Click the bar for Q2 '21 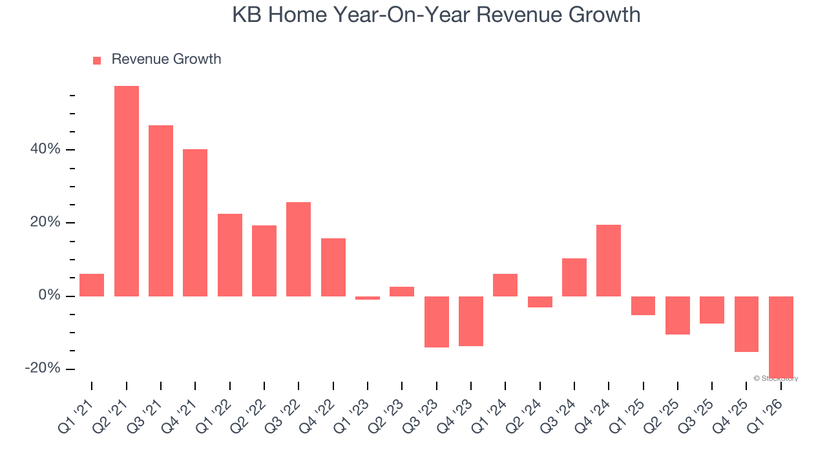127,191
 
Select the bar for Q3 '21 161,211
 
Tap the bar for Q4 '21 195,223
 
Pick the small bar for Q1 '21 92,285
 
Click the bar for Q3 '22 298,249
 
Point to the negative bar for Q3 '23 437,322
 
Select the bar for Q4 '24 609,260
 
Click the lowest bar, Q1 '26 781,336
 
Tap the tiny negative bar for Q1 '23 368,298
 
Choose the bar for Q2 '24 540,302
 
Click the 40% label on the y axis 45,149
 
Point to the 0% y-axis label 49,296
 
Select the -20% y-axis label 43,368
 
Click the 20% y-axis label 45,222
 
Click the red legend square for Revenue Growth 97,60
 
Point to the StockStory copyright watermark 776,378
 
